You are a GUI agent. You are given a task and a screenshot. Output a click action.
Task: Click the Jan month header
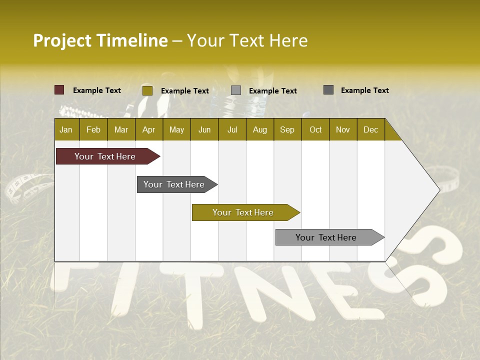pyautogui.click(x=66, y=129)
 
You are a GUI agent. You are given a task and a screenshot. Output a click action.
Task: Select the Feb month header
pyautogui.click(x=93, y=129)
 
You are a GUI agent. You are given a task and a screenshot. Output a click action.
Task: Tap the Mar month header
pyautogui.click(x=121, y=129)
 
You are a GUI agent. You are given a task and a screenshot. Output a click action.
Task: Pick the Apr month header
pyautogui.click(x=149, y=129)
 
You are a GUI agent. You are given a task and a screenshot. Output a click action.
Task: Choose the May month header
pyautogui.click(x=176, y=129)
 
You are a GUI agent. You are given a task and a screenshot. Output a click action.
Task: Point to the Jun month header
pyautogui.click(x=204, y=129)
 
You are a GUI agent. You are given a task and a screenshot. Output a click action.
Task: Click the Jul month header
pyautogui.click(x=232, y=129)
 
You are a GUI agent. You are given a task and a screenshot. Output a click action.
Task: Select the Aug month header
pyautogui.click(x=260, y=129)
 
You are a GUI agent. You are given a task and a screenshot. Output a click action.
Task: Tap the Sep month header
pyautogui.click(x=287, y=129)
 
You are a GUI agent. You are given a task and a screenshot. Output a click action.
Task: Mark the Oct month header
pyautogui.click(x=315, y=129)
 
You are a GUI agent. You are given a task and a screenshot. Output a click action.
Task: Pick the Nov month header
pyautogui.click(x=343, y=129)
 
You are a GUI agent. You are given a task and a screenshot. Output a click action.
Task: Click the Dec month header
pyautogui.click(x=371, y=129)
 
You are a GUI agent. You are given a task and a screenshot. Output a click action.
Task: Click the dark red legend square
pyautogui.click(x=59, y=90)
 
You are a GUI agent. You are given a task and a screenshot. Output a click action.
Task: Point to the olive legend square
pyautogui.click(x=147, y=90)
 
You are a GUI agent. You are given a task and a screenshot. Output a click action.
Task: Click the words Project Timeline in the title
pyautogui.click(x=100, y=40)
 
